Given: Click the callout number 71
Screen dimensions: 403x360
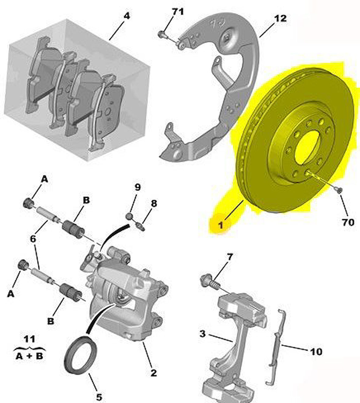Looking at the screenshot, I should (x=178, y=12).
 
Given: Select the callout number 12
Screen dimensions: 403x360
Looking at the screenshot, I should (x=280, y=18).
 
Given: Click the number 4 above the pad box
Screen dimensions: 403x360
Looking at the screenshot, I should (x=126, y=16).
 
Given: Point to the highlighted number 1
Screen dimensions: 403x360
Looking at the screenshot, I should (x=220, y=226).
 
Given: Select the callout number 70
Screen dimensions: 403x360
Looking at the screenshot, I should (x=348, y=222).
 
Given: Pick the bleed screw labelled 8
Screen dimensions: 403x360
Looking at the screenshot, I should (x=141, y=227).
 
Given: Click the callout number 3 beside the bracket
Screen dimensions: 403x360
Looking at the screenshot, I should (x=203, y=334).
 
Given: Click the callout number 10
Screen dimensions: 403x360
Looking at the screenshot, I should (x=316, y=352).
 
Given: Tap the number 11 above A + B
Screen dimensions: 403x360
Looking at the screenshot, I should (x=29, y=339).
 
